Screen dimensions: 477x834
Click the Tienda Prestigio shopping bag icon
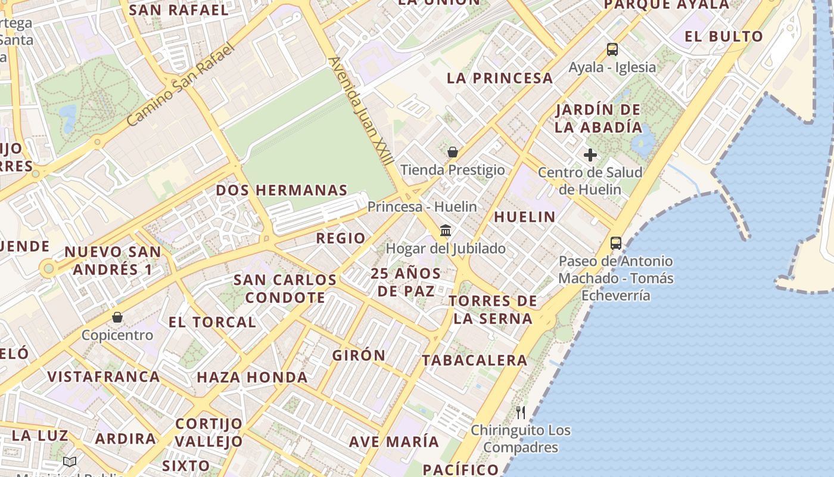click(453, 152)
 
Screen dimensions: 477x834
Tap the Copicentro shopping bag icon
click(117, 317)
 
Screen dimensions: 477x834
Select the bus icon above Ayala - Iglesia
click(612, 49)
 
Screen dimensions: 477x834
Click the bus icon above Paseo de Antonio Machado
click(616, 243)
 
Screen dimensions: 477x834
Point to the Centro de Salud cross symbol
click(590, 155)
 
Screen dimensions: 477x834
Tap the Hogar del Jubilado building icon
click(446, 230)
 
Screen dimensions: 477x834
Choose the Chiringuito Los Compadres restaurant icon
click(521, 412)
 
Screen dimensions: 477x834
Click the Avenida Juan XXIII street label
click(361, 111)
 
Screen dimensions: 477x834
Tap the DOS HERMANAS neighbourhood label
click(282, 190)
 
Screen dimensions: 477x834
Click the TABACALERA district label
click(475, 360)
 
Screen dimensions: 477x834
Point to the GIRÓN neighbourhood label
click(359, 355)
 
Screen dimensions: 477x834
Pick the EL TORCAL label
click(212, 322)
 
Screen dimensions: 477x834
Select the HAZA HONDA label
click(252, 377)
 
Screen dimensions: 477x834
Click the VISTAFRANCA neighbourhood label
click(104, 376)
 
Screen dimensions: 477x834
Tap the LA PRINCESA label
click(500, 78)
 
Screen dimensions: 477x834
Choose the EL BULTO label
click(724, 36)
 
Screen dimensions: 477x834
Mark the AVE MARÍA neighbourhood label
click(394, 442)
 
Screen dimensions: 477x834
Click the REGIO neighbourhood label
click(341, 238)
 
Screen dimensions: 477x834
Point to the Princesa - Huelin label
click(422, 207)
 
